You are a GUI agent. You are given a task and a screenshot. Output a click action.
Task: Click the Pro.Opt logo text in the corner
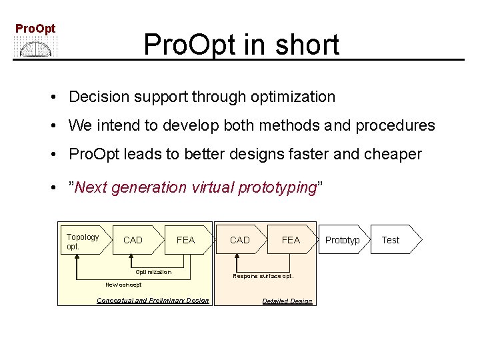[35, 29]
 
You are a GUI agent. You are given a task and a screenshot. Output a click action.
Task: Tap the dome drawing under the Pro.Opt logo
[37, 48]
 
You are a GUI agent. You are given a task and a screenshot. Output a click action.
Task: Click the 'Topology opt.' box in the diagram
[82, 241]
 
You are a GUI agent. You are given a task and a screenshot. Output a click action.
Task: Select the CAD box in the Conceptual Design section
[133, 240]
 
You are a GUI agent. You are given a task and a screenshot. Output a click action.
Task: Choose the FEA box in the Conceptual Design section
[185, 240]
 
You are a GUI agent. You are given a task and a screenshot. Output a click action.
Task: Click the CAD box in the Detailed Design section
[239, 240]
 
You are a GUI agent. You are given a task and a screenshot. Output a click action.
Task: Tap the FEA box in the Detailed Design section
[291, 240]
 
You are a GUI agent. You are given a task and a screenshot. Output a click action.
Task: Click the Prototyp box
[342, 240]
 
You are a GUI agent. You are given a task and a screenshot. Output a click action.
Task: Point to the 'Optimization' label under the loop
[153, 272]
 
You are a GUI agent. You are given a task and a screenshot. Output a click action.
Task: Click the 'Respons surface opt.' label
[263, 276]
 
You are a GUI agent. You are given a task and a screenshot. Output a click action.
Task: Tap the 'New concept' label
[123, 285]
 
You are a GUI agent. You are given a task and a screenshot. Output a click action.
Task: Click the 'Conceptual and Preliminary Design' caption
[153, 301]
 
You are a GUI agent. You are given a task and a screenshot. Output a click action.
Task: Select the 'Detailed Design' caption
[287, 301]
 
